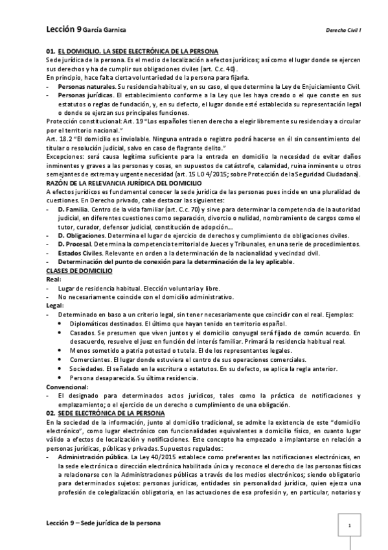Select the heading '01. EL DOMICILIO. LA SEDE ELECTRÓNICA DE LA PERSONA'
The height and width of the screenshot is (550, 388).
click(x=132, y=51)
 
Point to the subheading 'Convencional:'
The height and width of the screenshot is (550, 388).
click(x=67, y=387)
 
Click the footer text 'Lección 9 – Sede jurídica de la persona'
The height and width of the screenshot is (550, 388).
click(x=104, y=522)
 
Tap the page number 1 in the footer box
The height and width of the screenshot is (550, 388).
click(x=350, y=525)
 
